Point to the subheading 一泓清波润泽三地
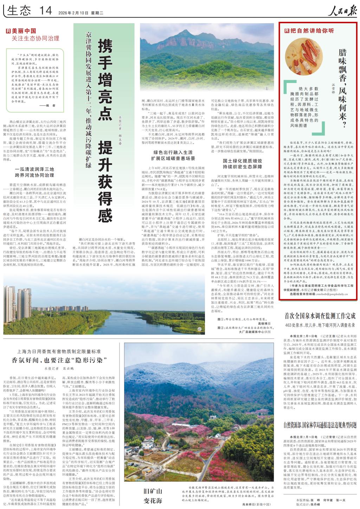[x=34, y=169]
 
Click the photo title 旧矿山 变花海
[x=152, y=496]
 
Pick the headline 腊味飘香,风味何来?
[x=343, y=88]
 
